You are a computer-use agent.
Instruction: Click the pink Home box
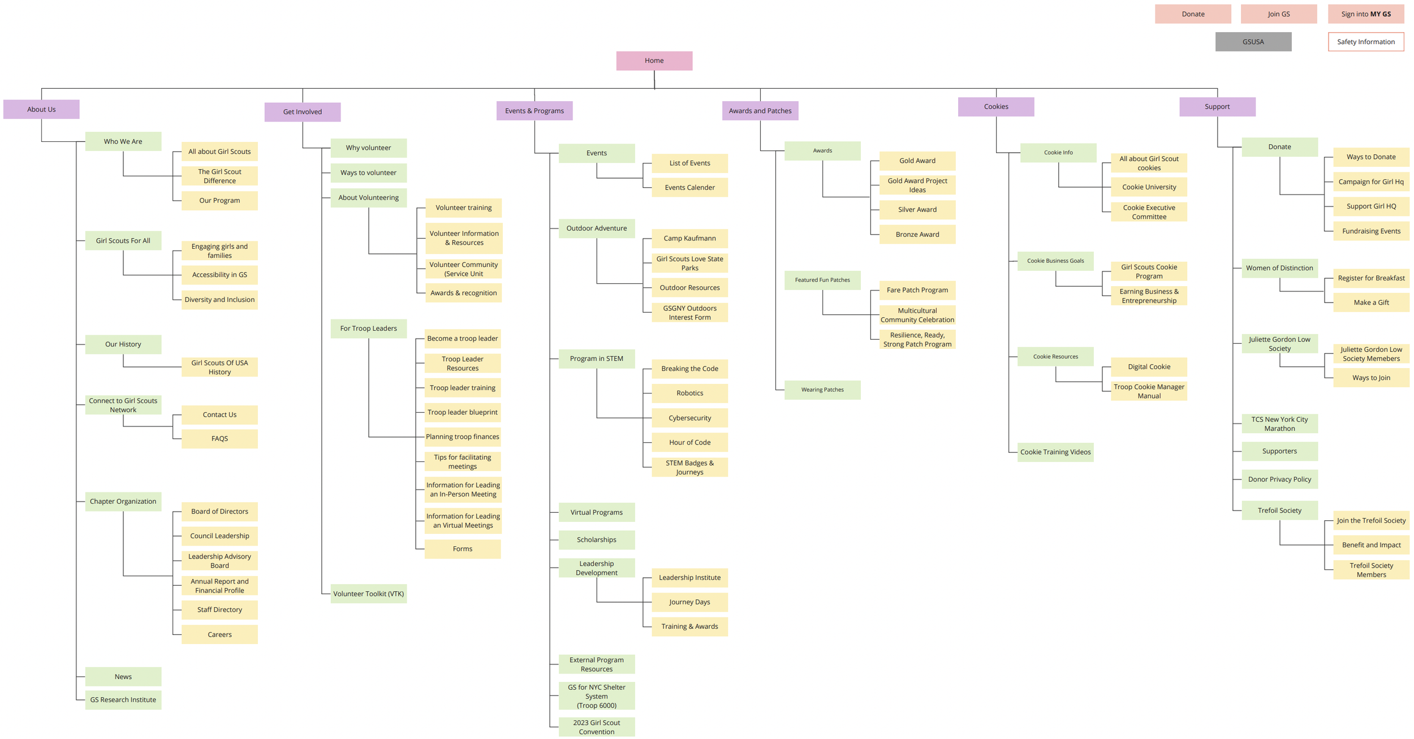pyautogui.click(x=654, y=60)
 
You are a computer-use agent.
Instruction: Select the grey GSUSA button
pyautogui.click(x=1253, y=42)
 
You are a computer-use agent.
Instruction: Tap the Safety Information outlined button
pyautogui.click(x=1365, y=42)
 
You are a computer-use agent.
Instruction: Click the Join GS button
pyautogui.click(x=1278, y=14)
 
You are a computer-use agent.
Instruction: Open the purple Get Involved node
pyautogui.click(x=302, y=112)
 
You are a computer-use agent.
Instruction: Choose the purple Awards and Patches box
pyautogui.click(x=760, y=111)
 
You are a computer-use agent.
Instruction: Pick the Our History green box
pyautogui.click(x=123, y=344)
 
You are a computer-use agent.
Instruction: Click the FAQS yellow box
pyautogui.click(x=219, y=439)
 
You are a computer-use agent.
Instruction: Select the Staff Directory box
pyautogui.click(x=219, y=610)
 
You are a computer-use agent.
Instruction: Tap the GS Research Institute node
pyautogui.click(x=123, y=700)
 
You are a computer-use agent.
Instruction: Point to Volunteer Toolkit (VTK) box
pyautogui.click(x=368, y=594)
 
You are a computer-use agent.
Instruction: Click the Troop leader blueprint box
pyautogui.click(x=462, y=412)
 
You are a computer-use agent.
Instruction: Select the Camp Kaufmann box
pyautogui.click(x=689, y=239)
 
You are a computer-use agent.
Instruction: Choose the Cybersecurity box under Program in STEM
pyautogui.click(x=689, y=418)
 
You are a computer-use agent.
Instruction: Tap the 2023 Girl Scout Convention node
pyautogui.click(x=596, y=727)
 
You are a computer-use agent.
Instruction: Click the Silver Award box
pyautogui.click(x=917, y=210)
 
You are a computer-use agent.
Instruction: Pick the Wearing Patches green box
pyautogui.click(x=822, y=390)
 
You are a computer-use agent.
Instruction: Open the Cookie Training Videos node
pyautogui.click(x=1055, y=452)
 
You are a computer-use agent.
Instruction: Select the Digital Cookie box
pyautogui.click(x=1149, y=367)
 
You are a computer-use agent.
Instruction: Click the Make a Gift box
pyautogui.click(x=1370, y=302)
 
